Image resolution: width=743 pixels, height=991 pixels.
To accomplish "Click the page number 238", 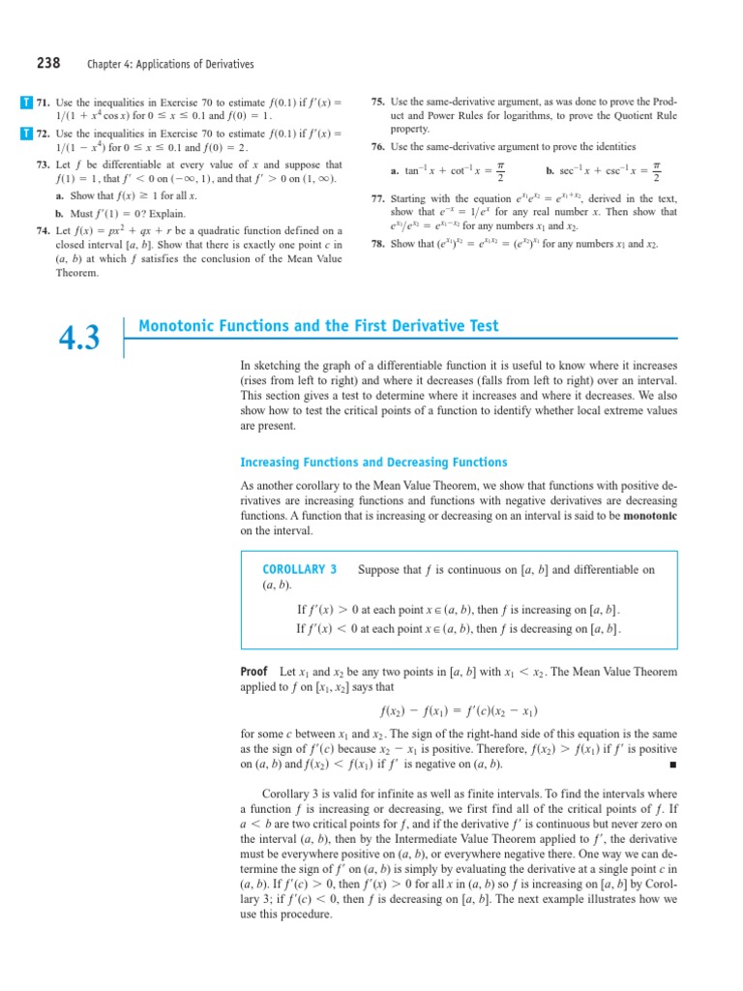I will click(48, 63).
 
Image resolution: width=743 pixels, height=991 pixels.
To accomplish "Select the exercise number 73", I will click(43, 165).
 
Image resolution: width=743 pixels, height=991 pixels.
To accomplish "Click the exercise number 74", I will click(43, 230).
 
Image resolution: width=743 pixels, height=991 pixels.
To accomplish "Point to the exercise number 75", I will click(378, 102).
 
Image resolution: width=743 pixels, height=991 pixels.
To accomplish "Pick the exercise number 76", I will click(378, 146).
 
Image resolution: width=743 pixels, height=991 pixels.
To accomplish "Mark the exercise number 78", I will click(378, 244).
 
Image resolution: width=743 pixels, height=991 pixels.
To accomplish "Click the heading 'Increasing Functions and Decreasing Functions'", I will click(373, 462).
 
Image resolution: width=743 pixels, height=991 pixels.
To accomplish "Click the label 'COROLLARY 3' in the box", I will click(300, 569).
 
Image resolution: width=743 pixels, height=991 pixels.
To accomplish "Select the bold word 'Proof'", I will click(253, 671).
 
